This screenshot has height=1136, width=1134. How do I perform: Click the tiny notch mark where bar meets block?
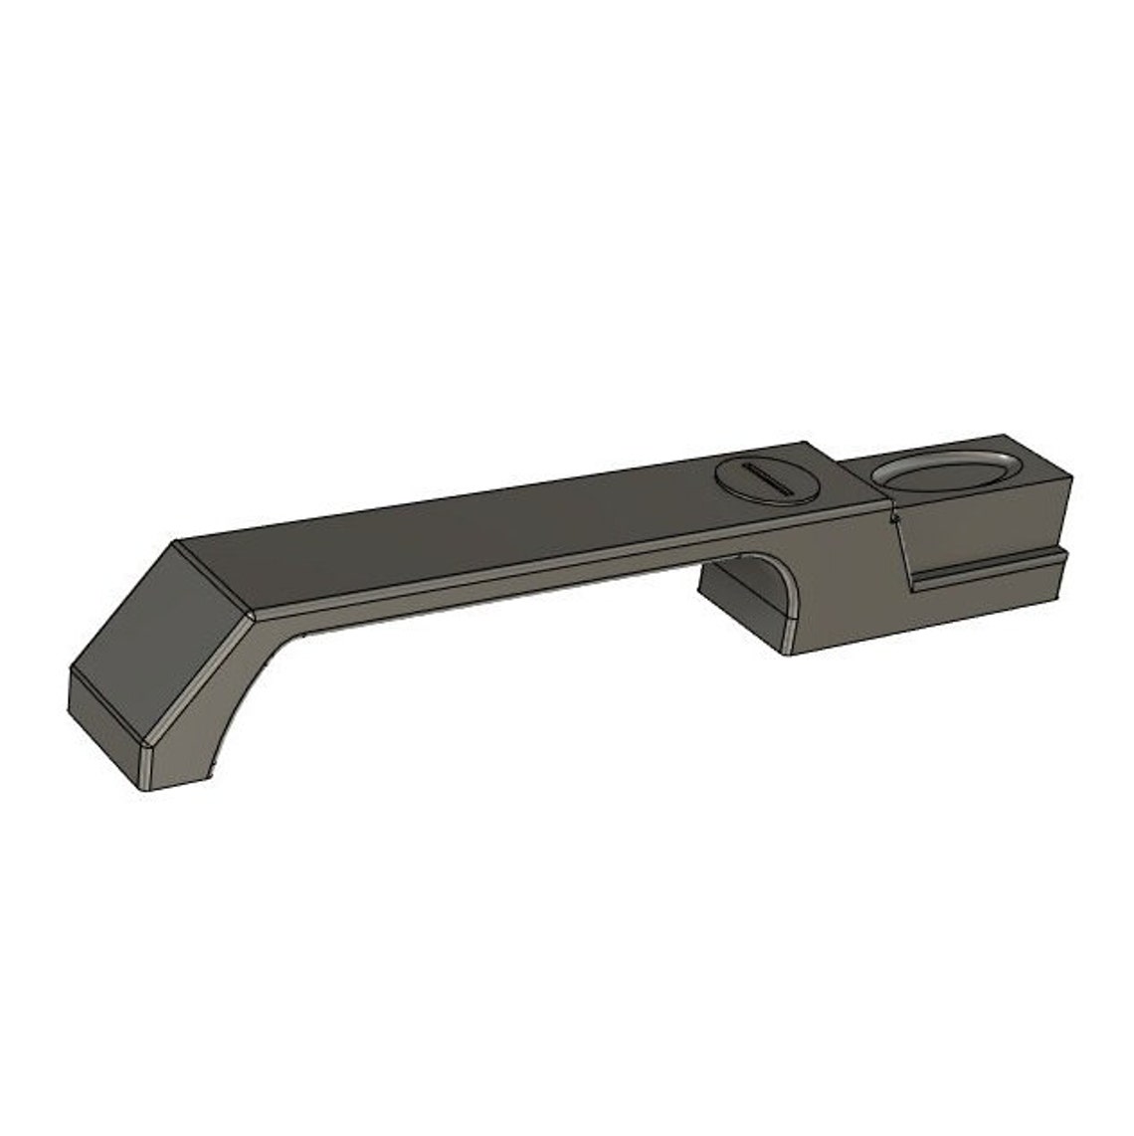(895, 516)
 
